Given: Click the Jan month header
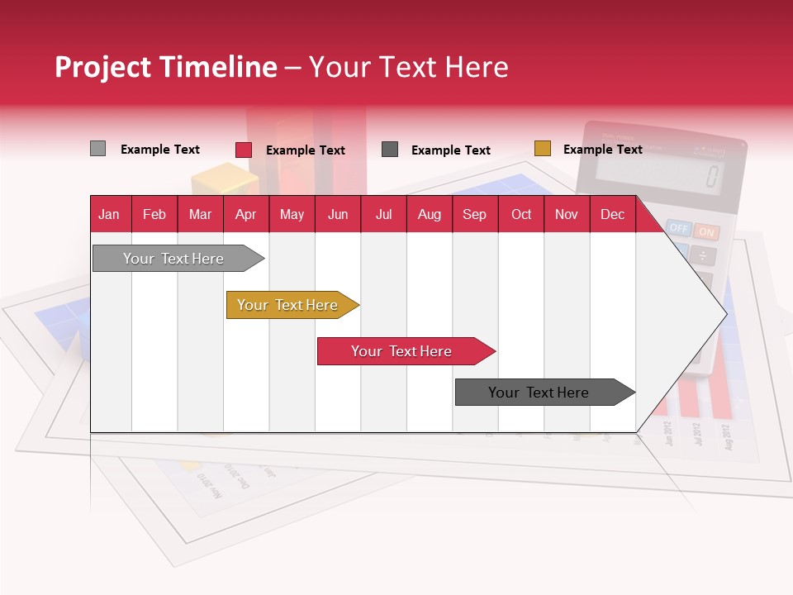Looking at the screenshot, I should tap(109, 214).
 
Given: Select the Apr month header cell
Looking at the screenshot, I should tap(245, 214).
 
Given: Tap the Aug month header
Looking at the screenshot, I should tap(429, 214).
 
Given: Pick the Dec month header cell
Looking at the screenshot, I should tap(612, 214).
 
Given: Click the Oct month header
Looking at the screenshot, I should tap(520, 214).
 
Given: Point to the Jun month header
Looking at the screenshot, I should tap(337, 214).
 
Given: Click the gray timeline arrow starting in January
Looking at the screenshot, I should tap(173, 259).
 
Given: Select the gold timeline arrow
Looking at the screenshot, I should tap(287, 305).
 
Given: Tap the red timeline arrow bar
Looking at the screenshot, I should tap(401, 351).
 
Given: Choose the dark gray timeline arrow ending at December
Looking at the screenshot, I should tap(539, 393).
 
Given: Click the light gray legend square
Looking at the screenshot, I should tap(97, 149).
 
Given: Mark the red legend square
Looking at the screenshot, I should tap(243, 150).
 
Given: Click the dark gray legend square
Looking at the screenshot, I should tap(390, 150).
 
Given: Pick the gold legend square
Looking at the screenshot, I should tap(542, 149).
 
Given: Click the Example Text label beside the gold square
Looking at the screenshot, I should tap(602, 150).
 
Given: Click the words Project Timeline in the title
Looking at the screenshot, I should tap(165, 67).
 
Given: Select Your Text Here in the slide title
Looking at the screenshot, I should tap(408, 67).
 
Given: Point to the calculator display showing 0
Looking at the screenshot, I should tap(661, 174).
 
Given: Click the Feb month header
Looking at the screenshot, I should tap(154, 214).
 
